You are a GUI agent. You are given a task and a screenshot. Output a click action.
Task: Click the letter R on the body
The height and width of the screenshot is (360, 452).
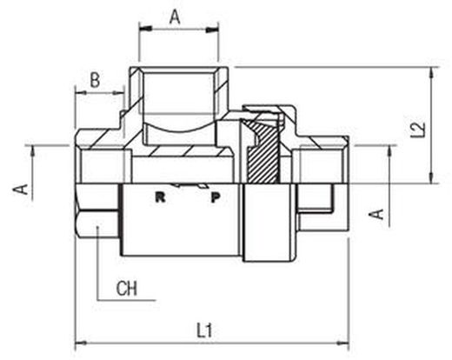(160, 197)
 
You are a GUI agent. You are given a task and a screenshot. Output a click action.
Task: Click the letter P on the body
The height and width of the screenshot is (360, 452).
(216, 197)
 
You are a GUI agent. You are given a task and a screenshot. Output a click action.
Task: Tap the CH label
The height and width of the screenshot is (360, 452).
(126, 289)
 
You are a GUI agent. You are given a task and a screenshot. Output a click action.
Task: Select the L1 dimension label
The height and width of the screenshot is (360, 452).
(205, 330)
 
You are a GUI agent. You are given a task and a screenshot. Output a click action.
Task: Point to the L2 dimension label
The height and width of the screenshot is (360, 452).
(418, 130)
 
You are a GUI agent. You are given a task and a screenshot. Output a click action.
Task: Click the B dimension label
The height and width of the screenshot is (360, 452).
(95, 80)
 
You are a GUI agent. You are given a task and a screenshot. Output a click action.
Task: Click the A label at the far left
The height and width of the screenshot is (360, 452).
(20, 190)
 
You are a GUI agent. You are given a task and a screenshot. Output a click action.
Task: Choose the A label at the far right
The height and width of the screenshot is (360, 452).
(376, 214)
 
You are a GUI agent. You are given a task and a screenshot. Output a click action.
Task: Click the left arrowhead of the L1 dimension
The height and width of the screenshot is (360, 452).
(80, 343)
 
